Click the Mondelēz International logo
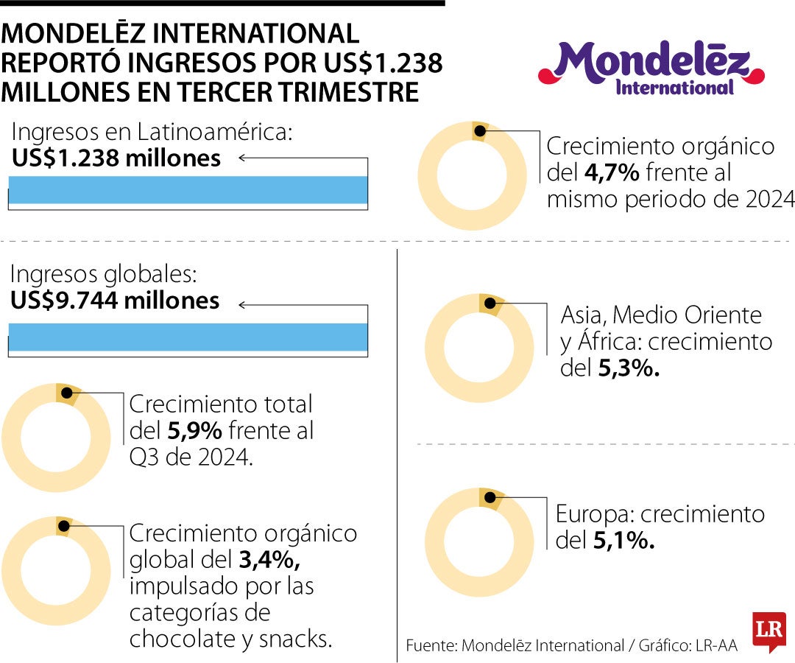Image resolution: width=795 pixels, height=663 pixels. [x=651, y=68]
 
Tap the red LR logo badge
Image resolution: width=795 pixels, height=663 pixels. [x=768, y=631]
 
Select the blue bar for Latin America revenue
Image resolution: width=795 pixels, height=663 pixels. [x=188, y=189]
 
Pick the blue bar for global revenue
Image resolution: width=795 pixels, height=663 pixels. [x=188, y=337]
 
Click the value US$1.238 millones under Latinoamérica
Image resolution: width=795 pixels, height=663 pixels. [x=116, y=158]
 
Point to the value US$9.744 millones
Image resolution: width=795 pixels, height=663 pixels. [x=115, y=301]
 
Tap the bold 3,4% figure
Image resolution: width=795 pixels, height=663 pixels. [x=269, y=561]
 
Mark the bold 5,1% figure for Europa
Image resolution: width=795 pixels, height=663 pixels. [x=623, y=541]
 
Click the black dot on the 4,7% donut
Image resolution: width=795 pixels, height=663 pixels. [x=479, y=131]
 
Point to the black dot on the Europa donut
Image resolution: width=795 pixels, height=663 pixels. [x=488, y=498]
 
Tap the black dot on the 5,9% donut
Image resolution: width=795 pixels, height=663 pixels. [x=66, y=393]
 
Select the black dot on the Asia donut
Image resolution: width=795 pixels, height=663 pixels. [x=489, y=304]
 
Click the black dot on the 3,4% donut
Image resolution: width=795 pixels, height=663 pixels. [x=64, y=526]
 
